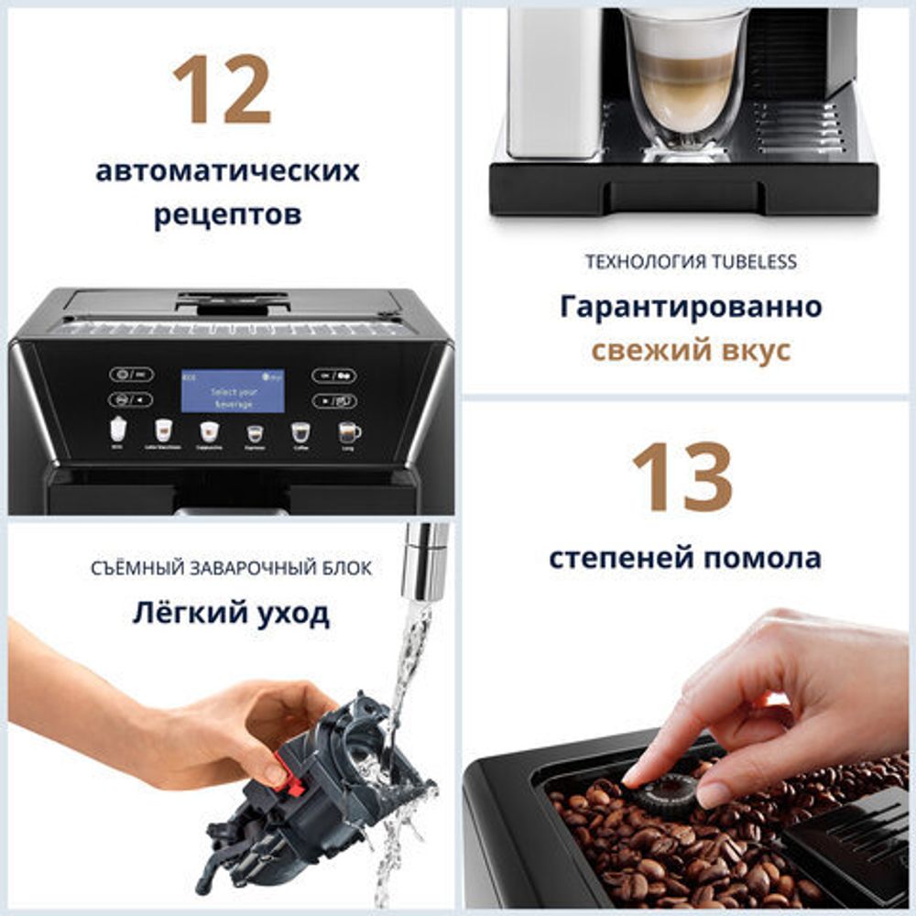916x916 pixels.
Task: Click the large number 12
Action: [x=222, y=89]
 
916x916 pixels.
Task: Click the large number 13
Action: [x=682, y=476]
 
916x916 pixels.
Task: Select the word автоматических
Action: [x=227, y=170]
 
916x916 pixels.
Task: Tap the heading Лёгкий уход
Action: [x=231, y=613]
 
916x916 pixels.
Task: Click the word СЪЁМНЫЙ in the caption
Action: [x=133, y=569]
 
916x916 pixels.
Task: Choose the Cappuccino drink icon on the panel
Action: [x=210, y=431]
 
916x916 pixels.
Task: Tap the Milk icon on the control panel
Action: [x=117, y=429]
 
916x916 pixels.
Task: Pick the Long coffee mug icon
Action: [x=348, y=431]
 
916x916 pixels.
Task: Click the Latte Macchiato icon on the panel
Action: [x=163, y=430]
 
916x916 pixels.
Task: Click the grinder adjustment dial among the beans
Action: [x=666, y=792]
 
